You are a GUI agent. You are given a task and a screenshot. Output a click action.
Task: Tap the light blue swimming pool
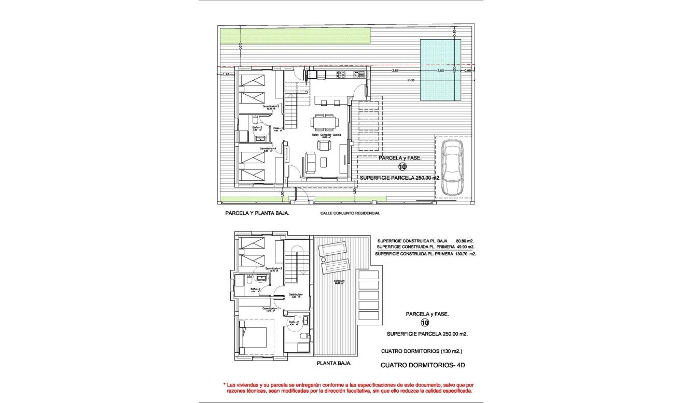tap(440, 70)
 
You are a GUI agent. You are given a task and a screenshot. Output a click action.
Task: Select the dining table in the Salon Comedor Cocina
tap(324, 123)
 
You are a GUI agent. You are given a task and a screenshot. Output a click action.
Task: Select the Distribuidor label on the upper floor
tap(296, 295)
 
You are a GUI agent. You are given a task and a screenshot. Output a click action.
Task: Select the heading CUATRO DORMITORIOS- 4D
tap(423, 365)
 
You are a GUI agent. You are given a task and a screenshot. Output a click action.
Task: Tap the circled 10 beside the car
tap(402, 167)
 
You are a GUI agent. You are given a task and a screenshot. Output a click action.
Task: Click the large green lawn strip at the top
tap(295, 36)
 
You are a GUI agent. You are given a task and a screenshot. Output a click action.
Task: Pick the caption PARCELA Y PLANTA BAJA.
tap(257, 213)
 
